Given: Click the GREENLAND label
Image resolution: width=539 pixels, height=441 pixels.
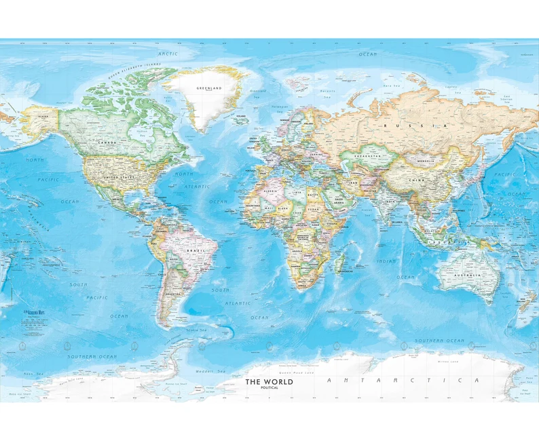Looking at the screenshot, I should [x=209, y=88].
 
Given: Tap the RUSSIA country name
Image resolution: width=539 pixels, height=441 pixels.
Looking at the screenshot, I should [x=400, y=126].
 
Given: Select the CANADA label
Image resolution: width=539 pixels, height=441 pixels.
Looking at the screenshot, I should [x=107, y=142].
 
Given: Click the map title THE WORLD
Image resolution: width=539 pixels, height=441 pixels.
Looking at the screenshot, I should [x=269, y=382].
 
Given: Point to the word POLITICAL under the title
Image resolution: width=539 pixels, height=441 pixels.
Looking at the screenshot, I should [x=269, y=388].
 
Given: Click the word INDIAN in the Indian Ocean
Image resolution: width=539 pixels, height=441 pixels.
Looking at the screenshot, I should [x=386, y=261].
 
